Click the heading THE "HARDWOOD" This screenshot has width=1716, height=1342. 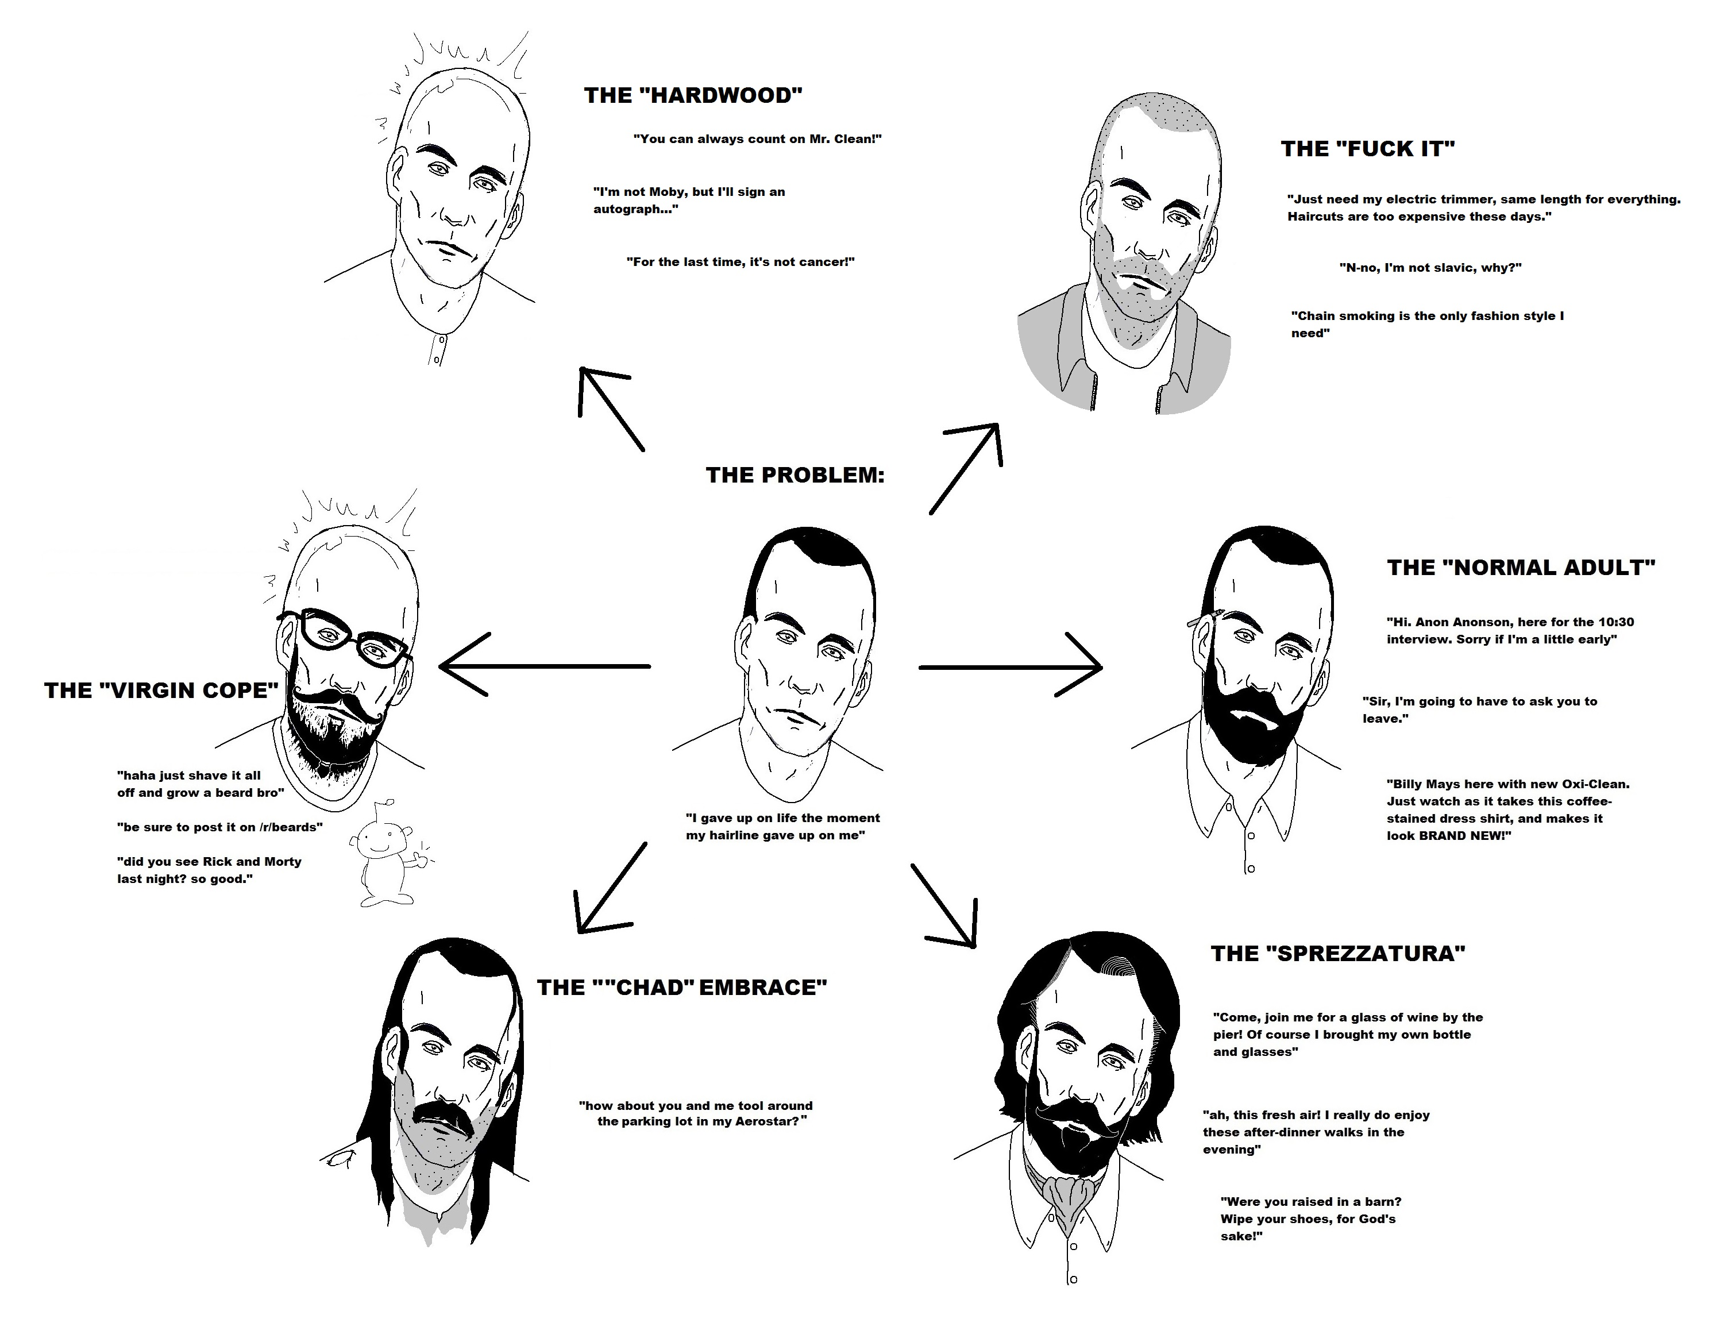point(693,96)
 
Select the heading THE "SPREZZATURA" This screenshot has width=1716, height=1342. point(1337,954)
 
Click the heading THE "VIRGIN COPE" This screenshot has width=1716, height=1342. point(161,690)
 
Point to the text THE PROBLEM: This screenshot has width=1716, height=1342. point(795,475)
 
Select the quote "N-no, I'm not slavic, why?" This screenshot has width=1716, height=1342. point(1430,268)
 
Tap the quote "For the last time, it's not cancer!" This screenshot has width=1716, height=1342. point(740,261)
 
